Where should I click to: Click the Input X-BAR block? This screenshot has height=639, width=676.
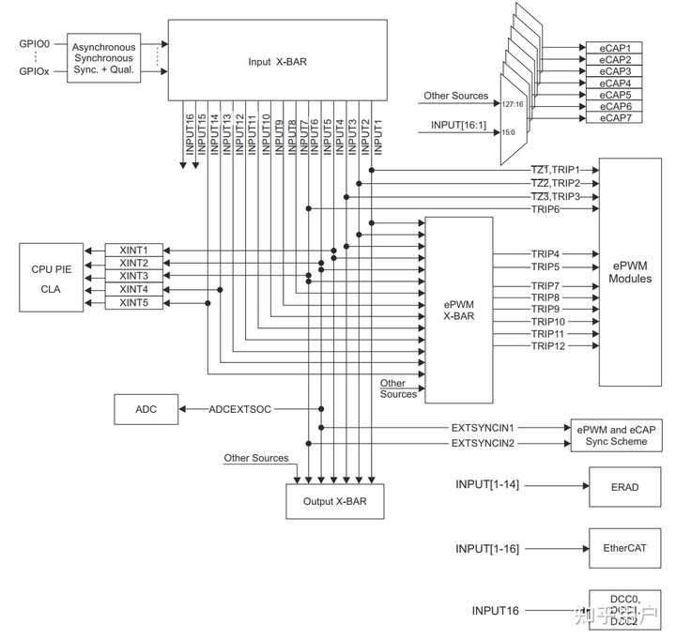(276, 59)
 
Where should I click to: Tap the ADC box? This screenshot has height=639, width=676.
(146, 409)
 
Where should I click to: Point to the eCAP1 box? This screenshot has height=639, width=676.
(615, 47)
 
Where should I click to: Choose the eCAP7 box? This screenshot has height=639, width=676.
(615, 118)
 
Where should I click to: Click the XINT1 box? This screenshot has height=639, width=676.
(133, 251)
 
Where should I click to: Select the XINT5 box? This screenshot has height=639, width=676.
(133, 303)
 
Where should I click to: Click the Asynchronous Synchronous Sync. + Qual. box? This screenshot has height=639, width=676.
(104, 59)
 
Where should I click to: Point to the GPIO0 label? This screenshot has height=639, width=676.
(36, 43)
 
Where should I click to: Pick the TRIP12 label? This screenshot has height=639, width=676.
(547, 346)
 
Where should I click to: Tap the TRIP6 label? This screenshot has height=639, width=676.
(547, 208)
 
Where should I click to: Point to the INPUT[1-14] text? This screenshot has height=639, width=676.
(487, 484)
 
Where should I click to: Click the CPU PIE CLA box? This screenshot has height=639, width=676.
(51, 277)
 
